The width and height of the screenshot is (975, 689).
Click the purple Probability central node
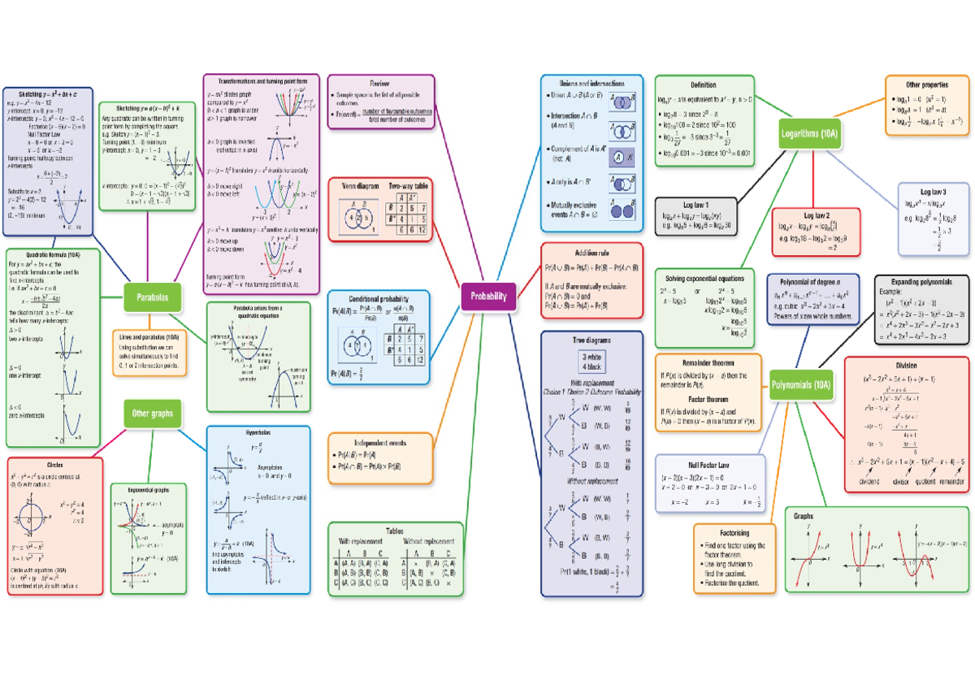pos(488,297)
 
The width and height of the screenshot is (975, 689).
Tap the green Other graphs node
pos(151,414)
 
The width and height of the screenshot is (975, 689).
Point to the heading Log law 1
pos(696,205)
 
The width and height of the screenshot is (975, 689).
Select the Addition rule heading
pos(591,253)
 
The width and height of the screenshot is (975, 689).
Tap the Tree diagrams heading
pos(591,340)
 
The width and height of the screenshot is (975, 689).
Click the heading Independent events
pos(379,443)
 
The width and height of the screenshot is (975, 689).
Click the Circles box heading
pos(55,466)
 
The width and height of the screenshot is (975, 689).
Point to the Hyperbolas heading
pos(258,434)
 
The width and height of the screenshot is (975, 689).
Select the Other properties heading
pos(927,84)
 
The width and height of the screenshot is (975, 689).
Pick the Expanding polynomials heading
pos(921,282)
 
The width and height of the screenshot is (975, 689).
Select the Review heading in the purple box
pos(379,84)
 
